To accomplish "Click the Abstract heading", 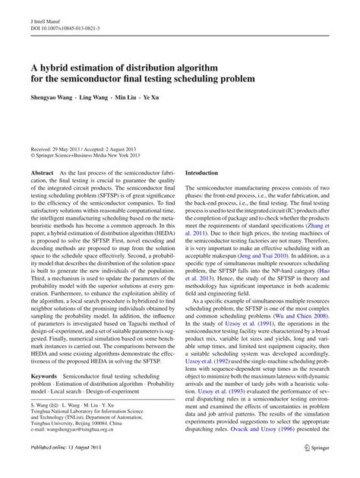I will tap(41, 174).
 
